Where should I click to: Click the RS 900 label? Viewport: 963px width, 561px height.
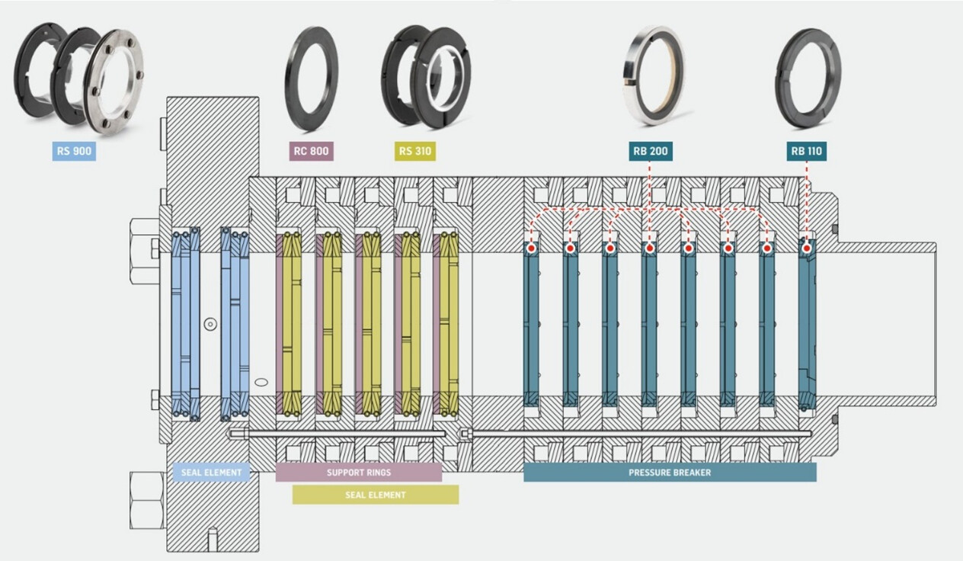click(74, 151)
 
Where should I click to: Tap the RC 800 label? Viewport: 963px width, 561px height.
click(311, 151)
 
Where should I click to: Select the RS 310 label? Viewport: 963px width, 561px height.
click(415, 151)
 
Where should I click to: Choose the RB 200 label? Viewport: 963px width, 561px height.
click(650, 151)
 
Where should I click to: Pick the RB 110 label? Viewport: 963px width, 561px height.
click(806, 151)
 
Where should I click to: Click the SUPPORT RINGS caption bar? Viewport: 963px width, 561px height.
click(358, 473)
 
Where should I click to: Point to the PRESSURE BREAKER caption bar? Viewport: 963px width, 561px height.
click(669, 473)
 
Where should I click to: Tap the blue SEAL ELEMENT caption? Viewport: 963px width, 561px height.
click(211, 473)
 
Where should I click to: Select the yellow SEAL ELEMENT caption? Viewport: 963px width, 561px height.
click(376, 495)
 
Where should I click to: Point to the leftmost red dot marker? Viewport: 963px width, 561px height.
click(531, 248)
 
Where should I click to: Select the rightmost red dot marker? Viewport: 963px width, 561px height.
click(807, 248)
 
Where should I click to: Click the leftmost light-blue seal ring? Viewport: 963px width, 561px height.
click(185, 324)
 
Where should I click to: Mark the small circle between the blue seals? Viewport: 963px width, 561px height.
click(210, 324)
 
